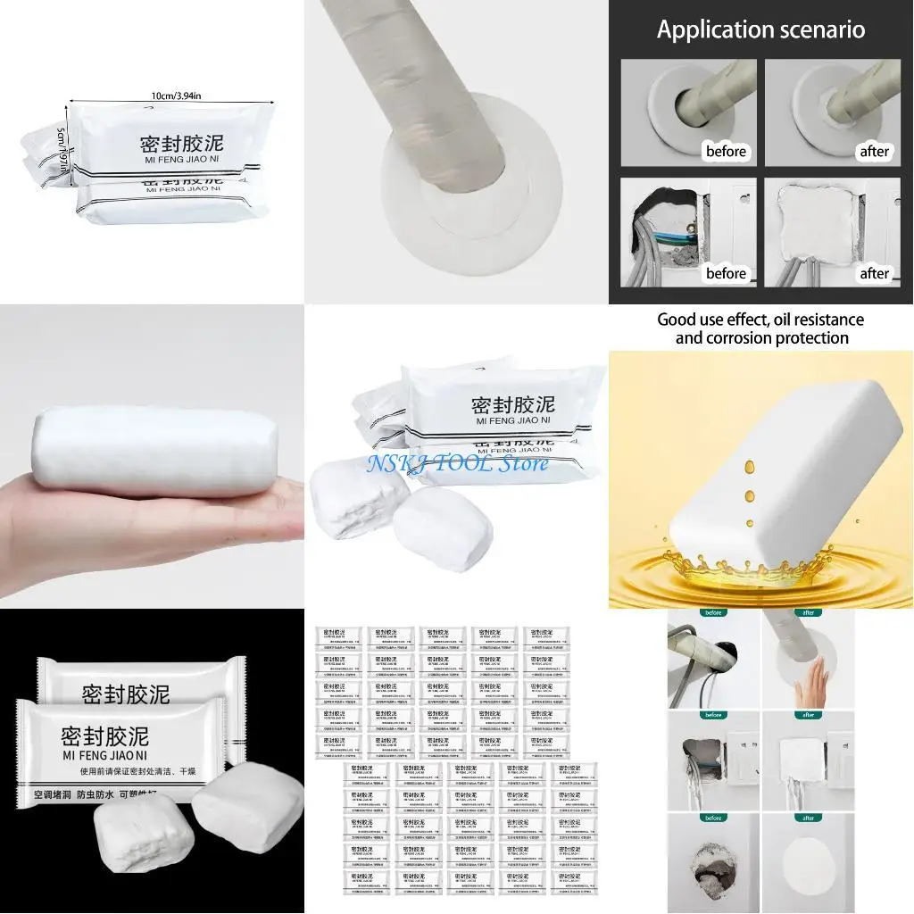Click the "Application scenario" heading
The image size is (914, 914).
(x=760, y=29)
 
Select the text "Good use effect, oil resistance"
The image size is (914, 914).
(x=760, y=319)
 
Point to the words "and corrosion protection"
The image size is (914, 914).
(x=761, y=338)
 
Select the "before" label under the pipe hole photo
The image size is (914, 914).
(x=726, y=151)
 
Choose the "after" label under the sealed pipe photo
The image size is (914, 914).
(x=874, y=151)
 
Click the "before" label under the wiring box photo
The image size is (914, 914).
(x=726, y=273)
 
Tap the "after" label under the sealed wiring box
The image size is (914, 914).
(x=874, y=273)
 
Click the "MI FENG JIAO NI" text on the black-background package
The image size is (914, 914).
(x=104, y=759)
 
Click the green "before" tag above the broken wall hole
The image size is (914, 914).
(x=713, y=817)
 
